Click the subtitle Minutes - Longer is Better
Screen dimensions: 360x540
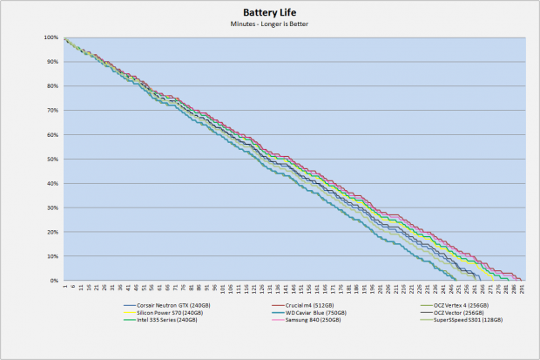tap(270, 24)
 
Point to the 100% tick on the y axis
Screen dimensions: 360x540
tap(51, 38)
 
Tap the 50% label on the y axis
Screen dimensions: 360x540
tap(53, 160)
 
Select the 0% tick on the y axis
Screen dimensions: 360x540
tap(55, 281)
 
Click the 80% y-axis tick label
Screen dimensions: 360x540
tap(53, 87)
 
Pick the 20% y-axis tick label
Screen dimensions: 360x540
tap(53, 233)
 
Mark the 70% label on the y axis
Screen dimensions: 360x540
tap(53, 112)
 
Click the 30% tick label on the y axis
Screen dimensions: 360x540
tap(53, 208)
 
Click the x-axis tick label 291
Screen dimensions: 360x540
tap(522, 288)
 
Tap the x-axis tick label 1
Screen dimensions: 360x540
tap(64, 286)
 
